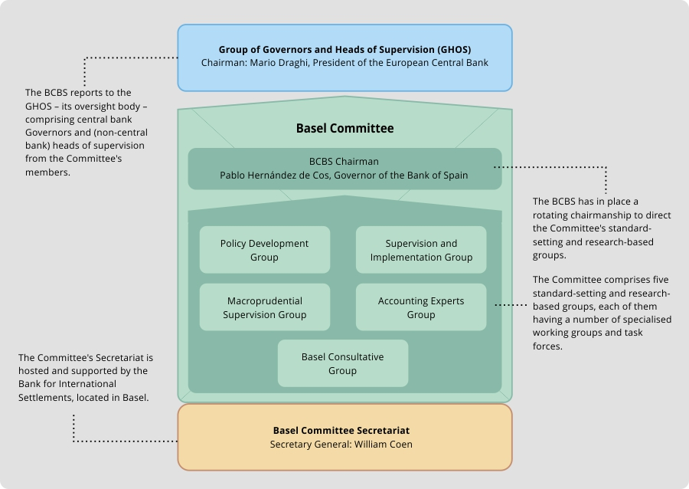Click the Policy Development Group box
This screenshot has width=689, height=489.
265,250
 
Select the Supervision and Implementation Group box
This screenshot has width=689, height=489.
421,250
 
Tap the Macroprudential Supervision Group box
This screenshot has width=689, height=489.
265,307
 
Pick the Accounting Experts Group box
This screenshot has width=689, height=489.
421,307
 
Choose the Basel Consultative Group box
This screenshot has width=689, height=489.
343,363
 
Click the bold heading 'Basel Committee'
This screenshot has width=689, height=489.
345,128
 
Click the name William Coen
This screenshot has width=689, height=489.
384,444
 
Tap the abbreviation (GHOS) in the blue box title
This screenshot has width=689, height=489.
454,50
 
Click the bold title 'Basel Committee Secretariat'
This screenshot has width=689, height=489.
341,431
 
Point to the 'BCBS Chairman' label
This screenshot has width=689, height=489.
344,162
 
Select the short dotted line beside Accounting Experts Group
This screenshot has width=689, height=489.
511,305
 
